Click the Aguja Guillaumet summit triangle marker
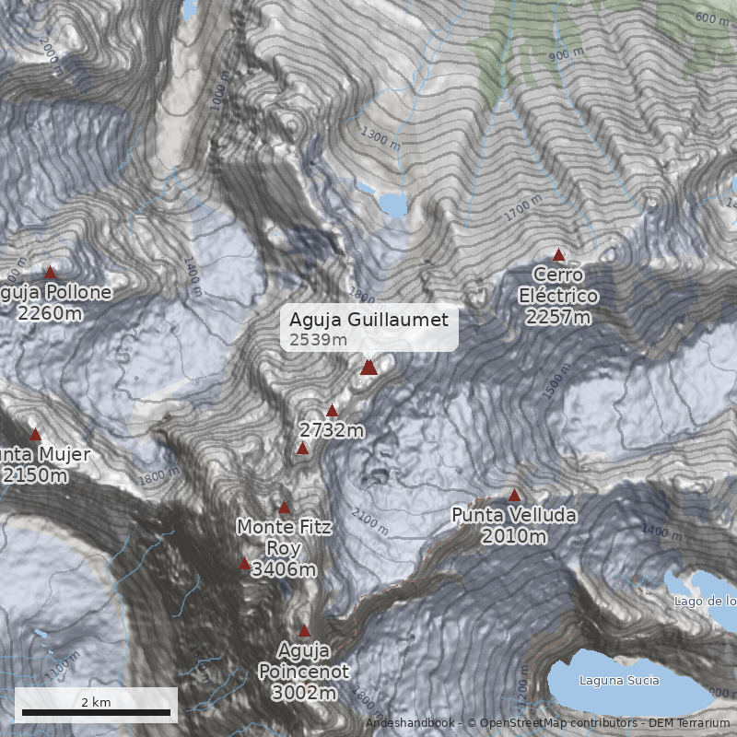pyautogui.click(x=368, y=368)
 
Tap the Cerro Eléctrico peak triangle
pyautogui.click(x=558, y=254)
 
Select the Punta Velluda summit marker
pyautogui.click(x=515, y=495)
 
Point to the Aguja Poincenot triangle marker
pyautogui.click(x=304, y=631)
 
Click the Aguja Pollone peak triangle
pyautogui.click(x=51, y=272)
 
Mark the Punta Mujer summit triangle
pyautogui.click(x=36, y=434)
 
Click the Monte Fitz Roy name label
pyautogui.click(x=284, y=536)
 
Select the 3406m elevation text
pyautogui.click(x=284, y=569)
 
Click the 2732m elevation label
pyautogui.click(x=333, y=430)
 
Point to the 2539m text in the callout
pyautogui.click(x=319, y=340)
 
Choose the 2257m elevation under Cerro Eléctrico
pyautogui.click(x=558, y=317)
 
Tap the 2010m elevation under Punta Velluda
pyautogui.click(x=514, y=536)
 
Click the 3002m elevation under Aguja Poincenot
pyautogui.click(x=304, y=693)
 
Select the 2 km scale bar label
pyautogui.click(x=96, y=702)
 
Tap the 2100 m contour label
pyautogui.click(x=369, y=523)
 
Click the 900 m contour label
pyautogui.click(x=567, y=54)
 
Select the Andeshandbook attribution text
pyautogui.click(x=409, y=723)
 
